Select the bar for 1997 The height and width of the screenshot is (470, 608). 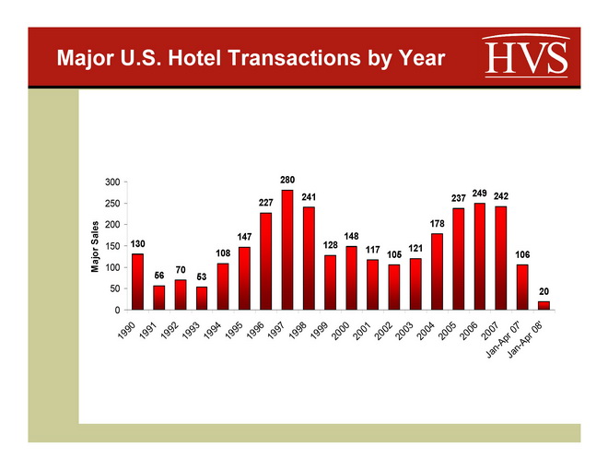(x=287, y=250)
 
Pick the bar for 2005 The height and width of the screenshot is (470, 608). (x=458, y=259)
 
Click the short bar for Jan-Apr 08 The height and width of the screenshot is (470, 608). (x=544, y=305)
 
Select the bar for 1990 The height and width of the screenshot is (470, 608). (x=137, y=281)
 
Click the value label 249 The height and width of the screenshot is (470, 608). (x=479, y=192)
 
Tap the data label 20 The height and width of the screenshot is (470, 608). (x=544, y=291)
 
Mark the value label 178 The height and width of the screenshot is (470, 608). (x=437, y=223)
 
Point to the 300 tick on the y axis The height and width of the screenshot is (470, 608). (x=113, y=182)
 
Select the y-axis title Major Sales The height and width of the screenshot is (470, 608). (x=95, y=246)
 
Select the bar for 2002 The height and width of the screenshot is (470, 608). (x=393, y=287)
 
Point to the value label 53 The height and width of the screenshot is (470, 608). (x=202, y=276)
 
